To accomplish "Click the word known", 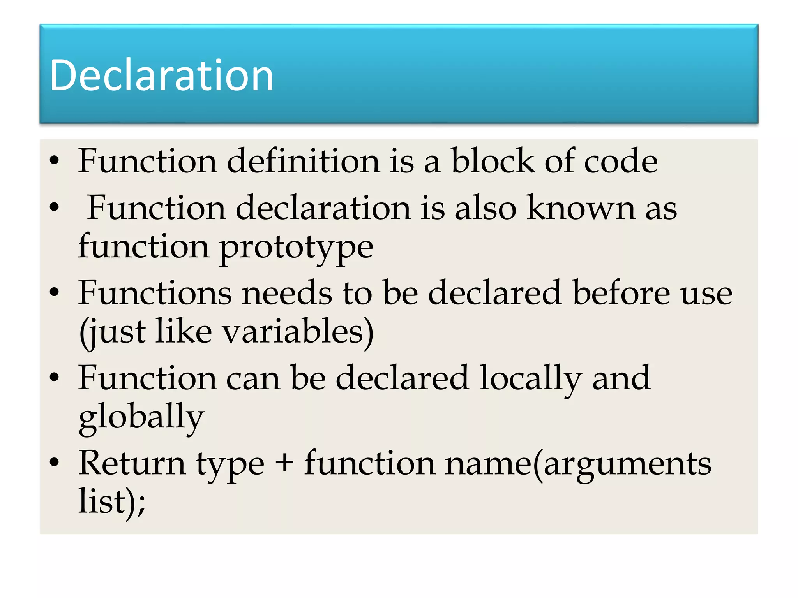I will pos(581,208).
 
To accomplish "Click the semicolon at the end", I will pos(141,505).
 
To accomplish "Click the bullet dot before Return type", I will pos(54,462).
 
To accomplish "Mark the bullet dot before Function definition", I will pos(54,160).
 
